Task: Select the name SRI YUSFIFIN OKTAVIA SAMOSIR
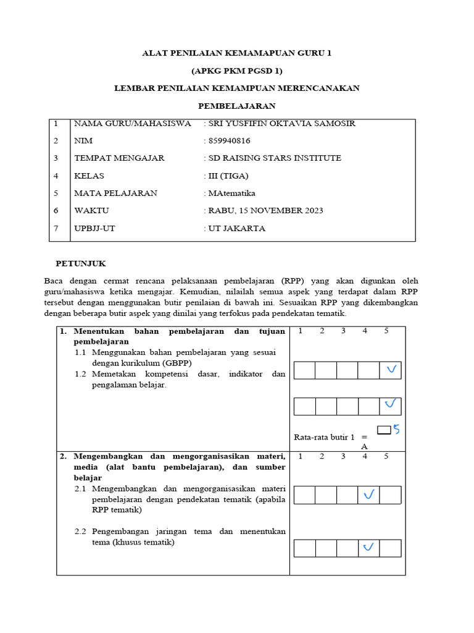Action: (281, 124)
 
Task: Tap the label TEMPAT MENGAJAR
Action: (119, 158)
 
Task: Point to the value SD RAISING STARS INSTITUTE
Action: (275, 158)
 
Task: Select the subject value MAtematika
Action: (232, 193)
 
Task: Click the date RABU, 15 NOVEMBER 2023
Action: (265, 211)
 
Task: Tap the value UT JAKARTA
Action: (237, 229)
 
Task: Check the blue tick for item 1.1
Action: (390, 370)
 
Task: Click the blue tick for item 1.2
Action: (390, 405)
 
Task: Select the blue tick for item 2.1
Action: (369, 495)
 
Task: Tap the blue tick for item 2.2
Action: (369, 547)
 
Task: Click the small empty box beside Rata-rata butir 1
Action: (384, 430)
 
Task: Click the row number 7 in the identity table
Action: (56, 229)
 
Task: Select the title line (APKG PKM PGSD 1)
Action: (237, 71)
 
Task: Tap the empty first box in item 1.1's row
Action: (304, 370)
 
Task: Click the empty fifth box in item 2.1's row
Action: (390, 495)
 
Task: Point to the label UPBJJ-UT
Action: (94, 229)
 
